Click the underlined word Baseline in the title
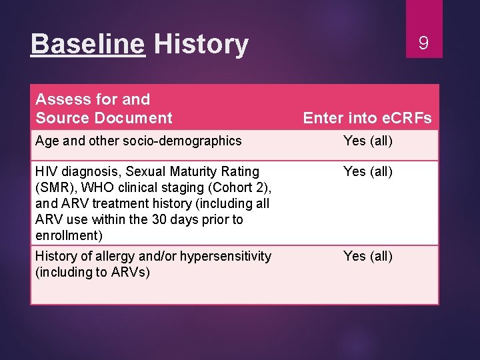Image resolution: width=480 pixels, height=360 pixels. (87, 45)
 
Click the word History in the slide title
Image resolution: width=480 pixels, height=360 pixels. (201, 45)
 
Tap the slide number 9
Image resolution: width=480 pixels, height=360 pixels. (423, 44)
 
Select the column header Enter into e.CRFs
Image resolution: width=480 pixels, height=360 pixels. (367, 119)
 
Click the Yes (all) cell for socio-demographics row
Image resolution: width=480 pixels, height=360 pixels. (367, 141)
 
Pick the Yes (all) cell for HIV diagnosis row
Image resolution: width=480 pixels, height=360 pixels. (367, 172)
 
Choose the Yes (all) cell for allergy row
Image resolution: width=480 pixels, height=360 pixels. (367, 257)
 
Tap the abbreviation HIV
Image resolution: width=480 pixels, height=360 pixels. (46, 172)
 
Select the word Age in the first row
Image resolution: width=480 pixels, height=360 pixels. (47, 141)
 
